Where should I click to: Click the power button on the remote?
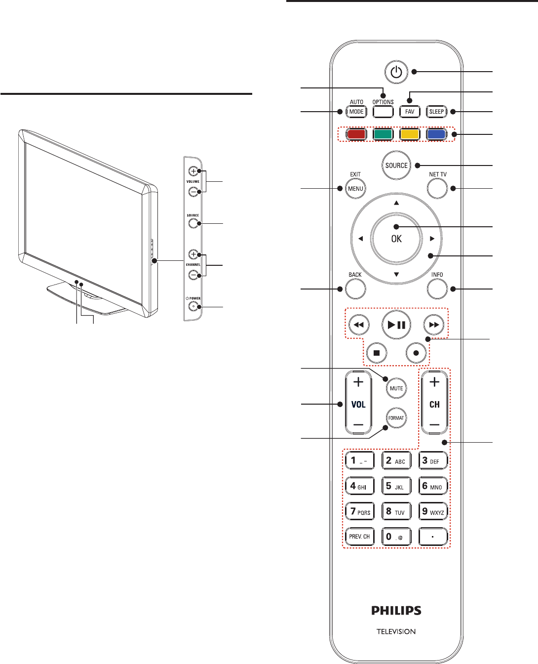[x=396, y=73]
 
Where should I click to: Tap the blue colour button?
[x=436, y=134]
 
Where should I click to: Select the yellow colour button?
[x=410, y=134]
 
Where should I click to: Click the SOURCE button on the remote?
[x=396, y=166]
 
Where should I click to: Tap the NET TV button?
[x=437, y=188]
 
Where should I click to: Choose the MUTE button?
[x=396, y=388]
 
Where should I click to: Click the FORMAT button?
[x=396, y=418]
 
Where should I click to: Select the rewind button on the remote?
[x=359, y=325]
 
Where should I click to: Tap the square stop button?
[x=377, y=353]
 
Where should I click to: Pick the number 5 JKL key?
[x=396, y=486]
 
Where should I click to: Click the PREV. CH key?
[x=359, y=537]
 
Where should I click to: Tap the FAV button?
[x=410, y=112]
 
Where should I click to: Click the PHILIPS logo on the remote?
[x=396, y=611]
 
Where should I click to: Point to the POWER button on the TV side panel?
[x=192, y=307]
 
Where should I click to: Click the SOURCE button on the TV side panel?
[x=192, y=224]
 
